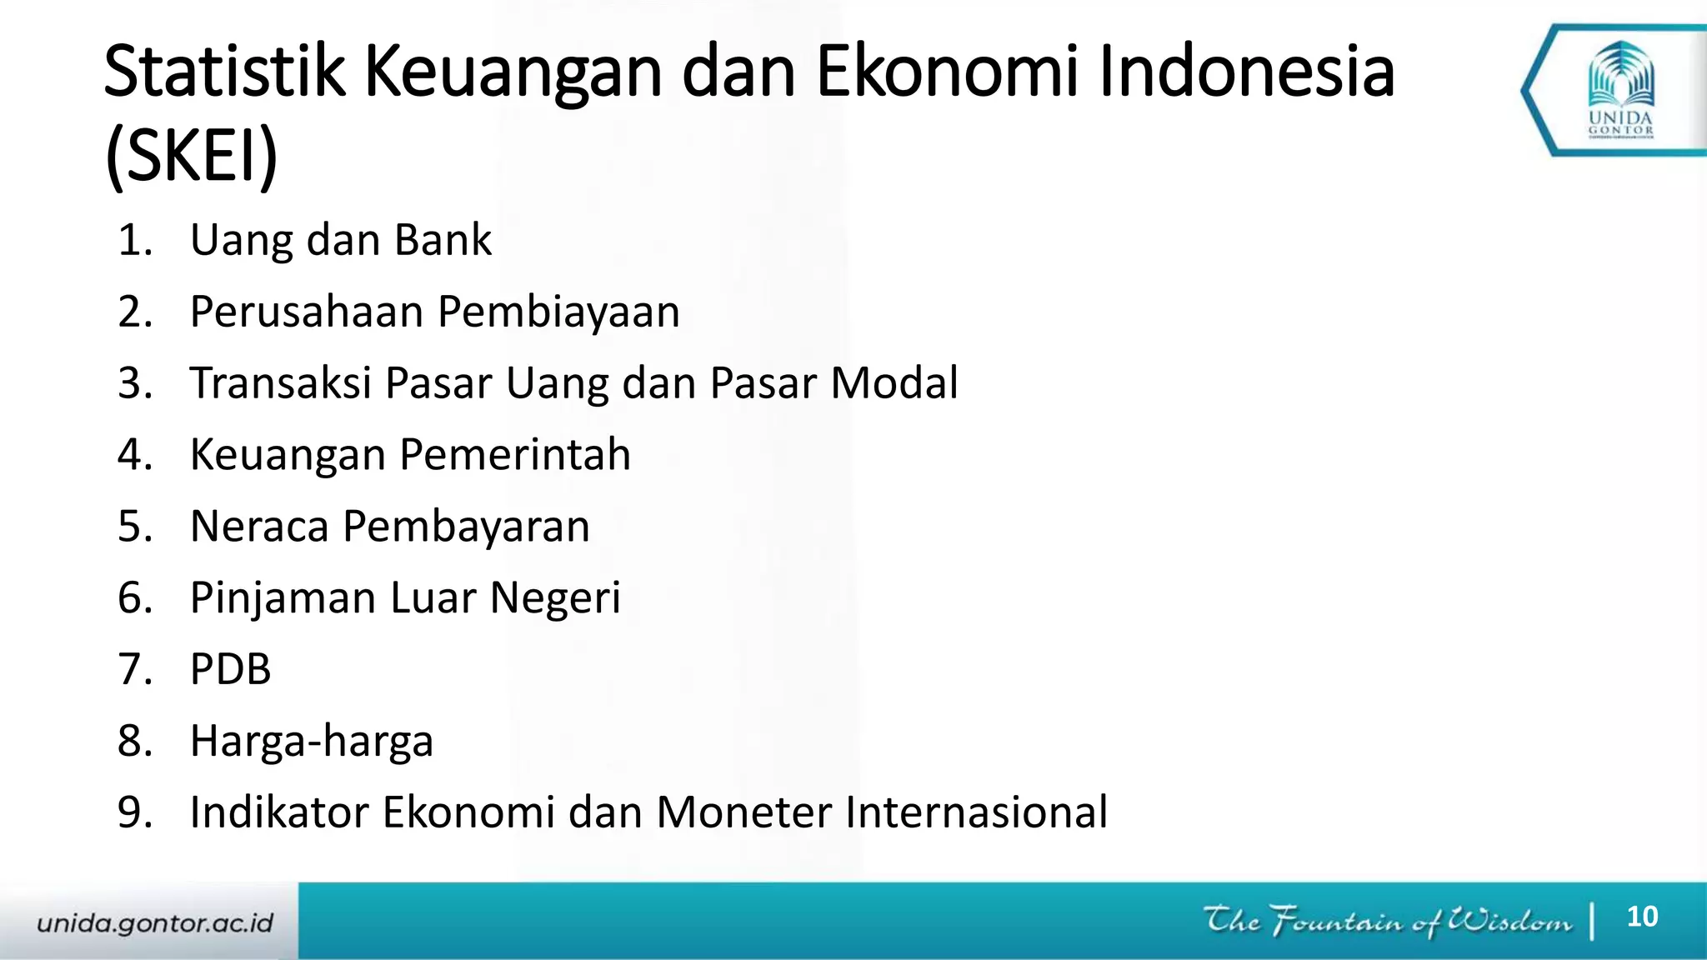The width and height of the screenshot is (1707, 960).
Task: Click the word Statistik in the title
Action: coord(223,72)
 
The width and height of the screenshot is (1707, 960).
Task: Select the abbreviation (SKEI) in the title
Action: coord(192,157)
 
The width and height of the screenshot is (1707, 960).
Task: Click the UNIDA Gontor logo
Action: coord(1620,90)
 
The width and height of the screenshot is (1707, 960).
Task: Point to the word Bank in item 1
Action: coord(443,240)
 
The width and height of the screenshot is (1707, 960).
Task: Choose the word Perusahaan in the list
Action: coord(307,312)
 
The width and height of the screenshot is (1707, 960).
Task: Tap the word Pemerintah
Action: coord(514,455)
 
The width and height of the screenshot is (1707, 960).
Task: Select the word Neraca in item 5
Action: coord(259,527)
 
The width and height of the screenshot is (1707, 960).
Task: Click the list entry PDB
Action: coord(231,669)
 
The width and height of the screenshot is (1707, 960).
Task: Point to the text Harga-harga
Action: coord(312,742)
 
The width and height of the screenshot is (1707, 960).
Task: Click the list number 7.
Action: coord(134,669)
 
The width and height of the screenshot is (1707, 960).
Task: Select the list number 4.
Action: coord(134,455)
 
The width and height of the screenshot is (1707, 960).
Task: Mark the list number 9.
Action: coord(134,812)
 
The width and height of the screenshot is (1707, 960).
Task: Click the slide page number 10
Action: coord(1642,917)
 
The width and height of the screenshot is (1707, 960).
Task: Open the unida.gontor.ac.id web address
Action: coord(155,923)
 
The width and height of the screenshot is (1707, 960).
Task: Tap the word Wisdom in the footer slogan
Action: coord(1509,921)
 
